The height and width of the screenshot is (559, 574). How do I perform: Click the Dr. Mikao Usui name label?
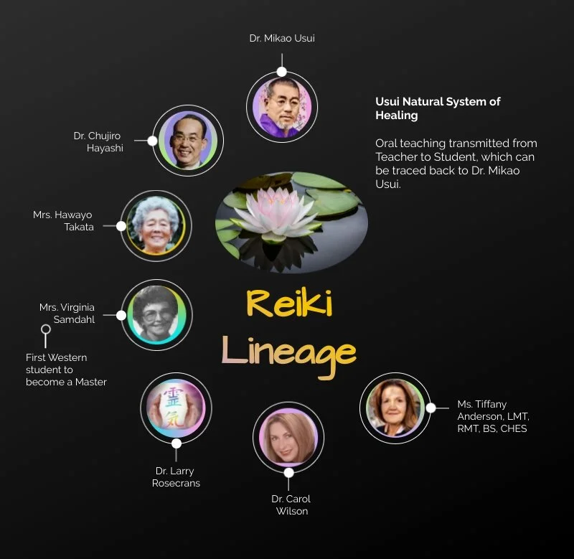pyautogui.click(x=281, y=38)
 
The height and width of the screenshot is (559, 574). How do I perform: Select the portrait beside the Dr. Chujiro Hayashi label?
pyautogui.click(x=188, y=141)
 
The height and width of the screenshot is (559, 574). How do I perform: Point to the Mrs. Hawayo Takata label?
pyautogui.click(x=63, y=221)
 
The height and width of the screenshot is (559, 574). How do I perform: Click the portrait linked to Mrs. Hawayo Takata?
pyautogui.click(x=156, y=225)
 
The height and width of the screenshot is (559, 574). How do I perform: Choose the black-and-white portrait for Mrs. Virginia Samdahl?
pyautogui.click(x=156, y=314)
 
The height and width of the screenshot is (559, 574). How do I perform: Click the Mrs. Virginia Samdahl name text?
pyautogui.click(x=67, y=314)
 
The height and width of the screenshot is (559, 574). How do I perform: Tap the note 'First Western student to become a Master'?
pyautogui.click(x=66, y=370)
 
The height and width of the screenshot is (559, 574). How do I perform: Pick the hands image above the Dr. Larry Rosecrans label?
pyautogui.click(x=176, y=408)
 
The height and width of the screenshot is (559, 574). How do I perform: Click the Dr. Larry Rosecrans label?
pyautogui.click(x=176, y=477)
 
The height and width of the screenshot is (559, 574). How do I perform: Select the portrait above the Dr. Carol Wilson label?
pyautogui.click(x=288, y=436)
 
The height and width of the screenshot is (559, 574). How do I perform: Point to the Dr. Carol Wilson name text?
pyautogui.click(x=291, y=504)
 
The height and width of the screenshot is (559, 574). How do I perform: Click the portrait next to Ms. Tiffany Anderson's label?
pyautogui.click(x=395, y=408)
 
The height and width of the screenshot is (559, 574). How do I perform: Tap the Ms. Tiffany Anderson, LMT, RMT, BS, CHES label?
pyautogui.click(x=493, y=416)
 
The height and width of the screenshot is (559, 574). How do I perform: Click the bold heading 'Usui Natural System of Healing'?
pyautogui.click(x=438, y=108)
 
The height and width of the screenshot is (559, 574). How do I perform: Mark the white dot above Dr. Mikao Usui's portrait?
pyautogui.click(x=281, y=72)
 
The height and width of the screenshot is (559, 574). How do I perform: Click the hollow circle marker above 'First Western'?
pyautogui.click(x=46, y=330)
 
